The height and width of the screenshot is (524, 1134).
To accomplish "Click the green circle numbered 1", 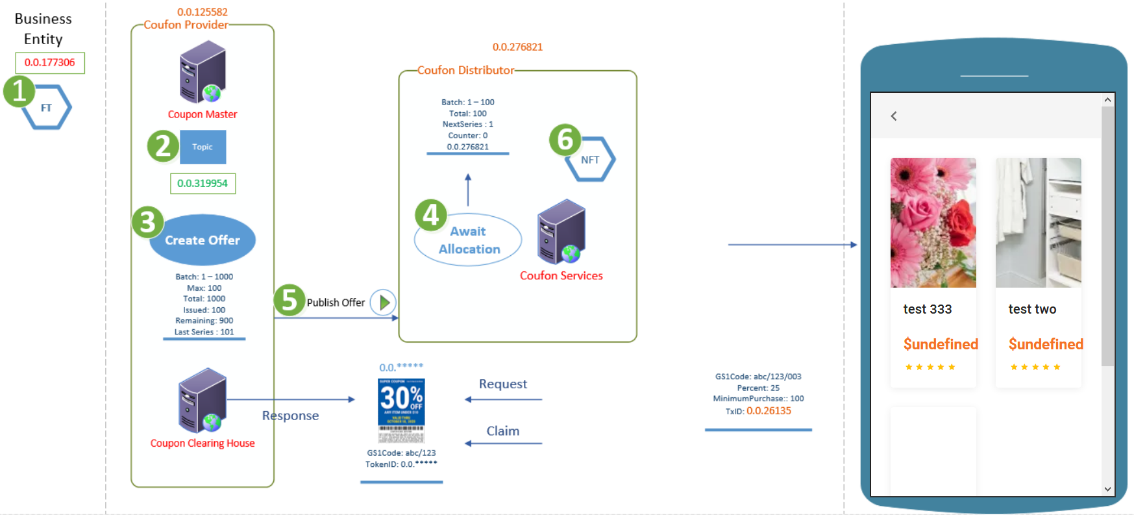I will (x=19, y=91).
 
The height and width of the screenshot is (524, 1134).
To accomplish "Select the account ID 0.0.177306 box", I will (x=50, y=63).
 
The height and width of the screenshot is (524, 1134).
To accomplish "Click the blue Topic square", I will (x=203, y=147).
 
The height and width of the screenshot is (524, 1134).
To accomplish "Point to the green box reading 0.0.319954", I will (x=203, y=184).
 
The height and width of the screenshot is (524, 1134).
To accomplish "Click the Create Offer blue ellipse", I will (x=203, y=240).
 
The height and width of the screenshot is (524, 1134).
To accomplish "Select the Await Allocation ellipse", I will (x=469, y=240).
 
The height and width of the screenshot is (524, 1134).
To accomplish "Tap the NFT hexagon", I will (x=590, y=160).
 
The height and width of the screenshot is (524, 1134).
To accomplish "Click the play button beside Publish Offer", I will (x=384, y=303).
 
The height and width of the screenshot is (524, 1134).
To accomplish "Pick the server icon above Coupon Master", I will (x=203, y=72).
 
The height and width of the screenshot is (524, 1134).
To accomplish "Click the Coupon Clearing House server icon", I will (x=203, y=401).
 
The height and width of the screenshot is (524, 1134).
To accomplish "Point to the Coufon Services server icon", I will (x=562, y=232).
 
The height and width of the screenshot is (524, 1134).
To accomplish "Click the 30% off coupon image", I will (x=401, y=410).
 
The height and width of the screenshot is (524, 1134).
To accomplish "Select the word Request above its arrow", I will (x=503, y=384).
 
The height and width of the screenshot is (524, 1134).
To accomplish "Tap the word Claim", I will (x=503, y=431).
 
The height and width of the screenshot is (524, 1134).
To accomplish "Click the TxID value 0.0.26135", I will (x=769, y=411).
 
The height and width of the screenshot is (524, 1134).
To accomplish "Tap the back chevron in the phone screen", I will (x=894, y=116).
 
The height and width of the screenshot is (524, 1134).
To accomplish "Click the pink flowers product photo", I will (x=933, y=223).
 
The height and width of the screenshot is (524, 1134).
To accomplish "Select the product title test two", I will (x=1032, y=310).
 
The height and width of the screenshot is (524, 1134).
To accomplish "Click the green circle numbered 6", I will (x=565, y=140).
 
